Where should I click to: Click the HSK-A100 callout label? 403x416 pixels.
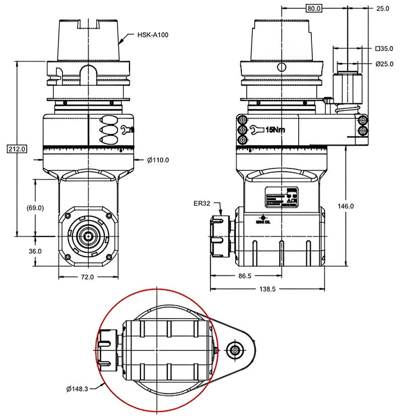click(x=154, y=35)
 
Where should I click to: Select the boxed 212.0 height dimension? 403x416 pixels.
click(x=16, y=148)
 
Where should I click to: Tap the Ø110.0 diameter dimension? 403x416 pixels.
click(x=158, y=160)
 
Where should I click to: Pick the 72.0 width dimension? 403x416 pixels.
click(x=88, y=277)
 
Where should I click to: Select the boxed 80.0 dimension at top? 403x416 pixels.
click(x=313, y=8)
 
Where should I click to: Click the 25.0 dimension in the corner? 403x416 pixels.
click(x=383, y=8)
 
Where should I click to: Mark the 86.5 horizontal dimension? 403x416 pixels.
click(x=245, y=276)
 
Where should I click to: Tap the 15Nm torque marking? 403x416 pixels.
click(x=275, y=130)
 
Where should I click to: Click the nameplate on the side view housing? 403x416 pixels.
click(x=281, y=198)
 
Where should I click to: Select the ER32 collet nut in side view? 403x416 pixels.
click(x=220, y=236)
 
